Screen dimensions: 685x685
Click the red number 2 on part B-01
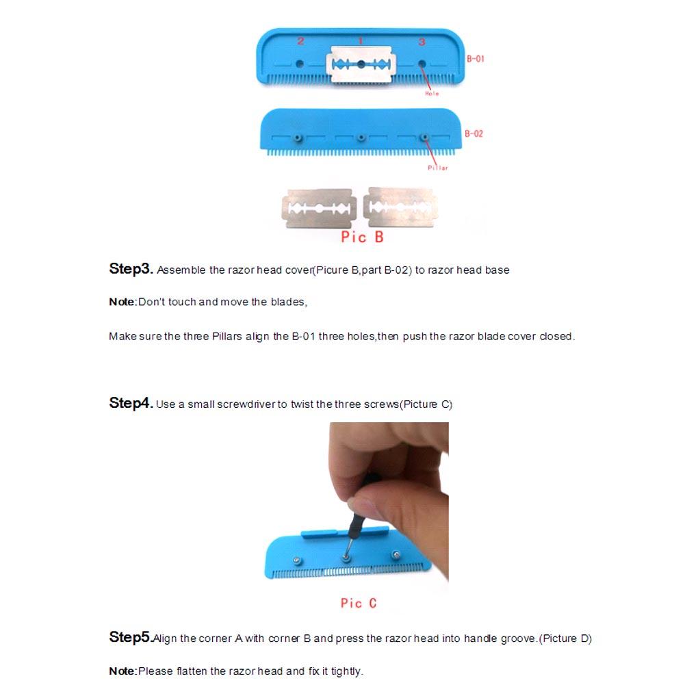coord(300,41)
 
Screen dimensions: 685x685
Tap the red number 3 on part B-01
coord(422,42)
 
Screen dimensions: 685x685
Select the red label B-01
coord(475,59)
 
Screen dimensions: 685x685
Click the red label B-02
coord(474,133)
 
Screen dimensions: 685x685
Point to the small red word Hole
coord(432,93)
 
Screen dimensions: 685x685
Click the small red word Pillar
coord(438,168)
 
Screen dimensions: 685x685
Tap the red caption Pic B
coord(362,237)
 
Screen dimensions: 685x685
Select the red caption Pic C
coord(359,603)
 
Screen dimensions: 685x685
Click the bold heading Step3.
coord(131,269)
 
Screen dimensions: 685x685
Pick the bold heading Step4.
coord(131,403)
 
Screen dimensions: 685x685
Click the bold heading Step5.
coord(130,638)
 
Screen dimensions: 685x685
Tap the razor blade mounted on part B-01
coord(361,64)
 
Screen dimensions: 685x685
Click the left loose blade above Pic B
coord(318,208)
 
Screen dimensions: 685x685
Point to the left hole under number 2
coord(300,64)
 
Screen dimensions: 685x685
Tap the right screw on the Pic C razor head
coord(395,554)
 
